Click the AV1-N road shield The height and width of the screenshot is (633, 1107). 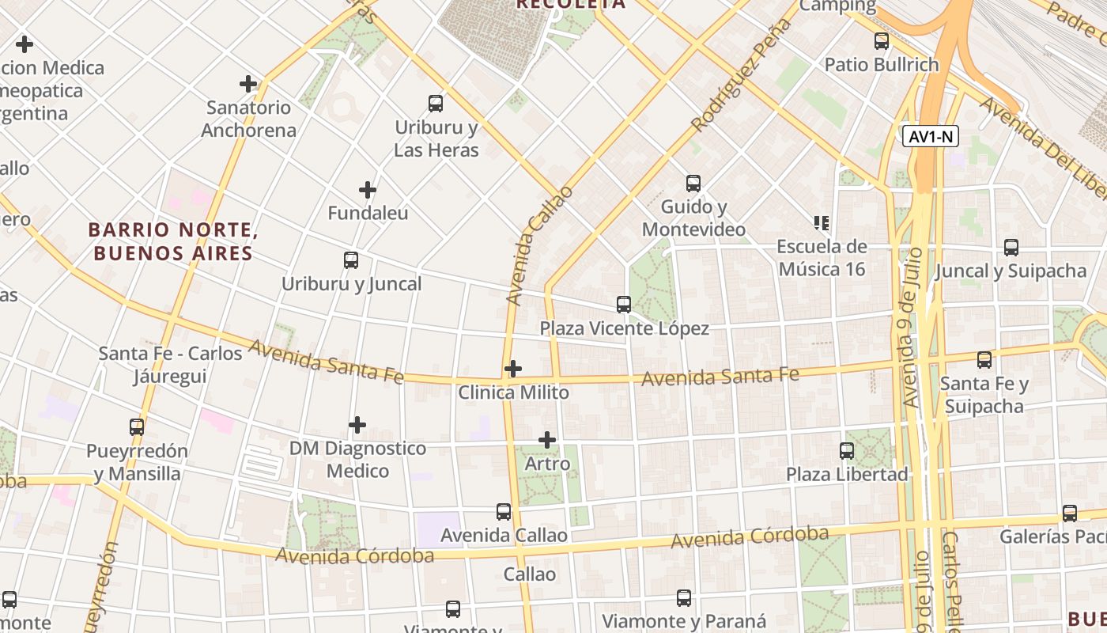point(931,136)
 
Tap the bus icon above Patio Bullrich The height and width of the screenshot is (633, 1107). point(882,41)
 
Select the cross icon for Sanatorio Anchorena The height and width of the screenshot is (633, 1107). point(248,83)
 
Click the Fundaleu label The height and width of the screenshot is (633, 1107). point(368,213)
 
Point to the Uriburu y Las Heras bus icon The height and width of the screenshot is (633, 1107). point(436,103)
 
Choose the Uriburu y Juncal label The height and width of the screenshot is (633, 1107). point(352,283)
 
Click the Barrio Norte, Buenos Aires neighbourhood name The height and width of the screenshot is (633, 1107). point(173,241)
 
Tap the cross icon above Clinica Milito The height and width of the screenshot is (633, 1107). point(513,369)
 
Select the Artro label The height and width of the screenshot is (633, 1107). point(547,464)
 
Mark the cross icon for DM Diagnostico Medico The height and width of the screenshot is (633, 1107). point(357,425)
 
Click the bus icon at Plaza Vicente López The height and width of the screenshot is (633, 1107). point(624,304)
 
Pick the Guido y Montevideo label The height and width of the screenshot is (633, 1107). point(693,218)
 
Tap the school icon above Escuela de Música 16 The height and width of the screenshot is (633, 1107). point(822,223)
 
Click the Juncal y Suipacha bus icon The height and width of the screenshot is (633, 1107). point(1011,247)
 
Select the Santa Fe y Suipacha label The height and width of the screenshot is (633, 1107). point(984,395)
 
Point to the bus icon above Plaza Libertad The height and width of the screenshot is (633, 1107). point(847,451)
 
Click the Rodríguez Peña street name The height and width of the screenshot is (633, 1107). point(741,75)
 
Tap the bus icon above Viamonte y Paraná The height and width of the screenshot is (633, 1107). point(684,598)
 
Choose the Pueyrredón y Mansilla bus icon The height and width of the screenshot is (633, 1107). point(137,427)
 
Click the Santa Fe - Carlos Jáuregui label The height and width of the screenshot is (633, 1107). point(170,364)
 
